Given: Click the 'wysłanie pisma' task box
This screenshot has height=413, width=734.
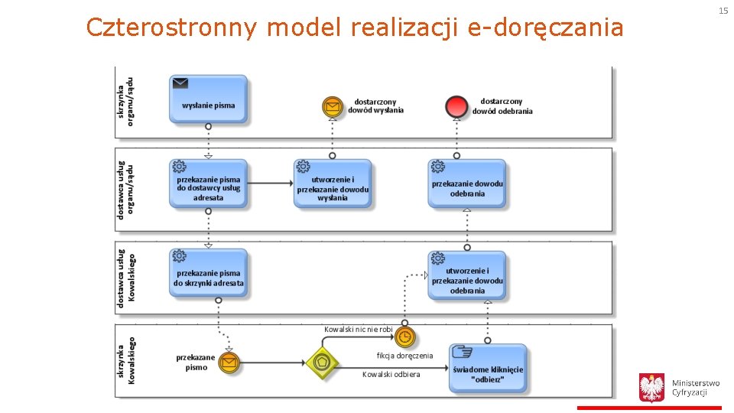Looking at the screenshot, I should coord(208,99).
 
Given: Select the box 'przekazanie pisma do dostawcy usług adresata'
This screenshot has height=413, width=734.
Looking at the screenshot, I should coord(208,184).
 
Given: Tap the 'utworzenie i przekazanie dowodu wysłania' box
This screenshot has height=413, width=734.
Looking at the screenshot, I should coord(333,184).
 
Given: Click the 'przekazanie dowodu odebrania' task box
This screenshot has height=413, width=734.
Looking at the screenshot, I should coord(467,184).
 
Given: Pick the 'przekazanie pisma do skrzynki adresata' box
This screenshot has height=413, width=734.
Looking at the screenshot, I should coord(208,274).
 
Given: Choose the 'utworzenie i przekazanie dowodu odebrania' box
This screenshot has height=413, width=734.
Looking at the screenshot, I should coord(467,276).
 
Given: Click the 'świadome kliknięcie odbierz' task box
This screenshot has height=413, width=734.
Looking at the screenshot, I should coord(488,369).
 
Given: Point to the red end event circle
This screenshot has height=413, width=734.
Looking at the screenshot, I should coord(456,107).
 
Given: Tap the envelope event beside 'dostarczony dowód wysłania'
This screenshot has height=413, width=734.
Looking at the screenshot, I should coord(333,107).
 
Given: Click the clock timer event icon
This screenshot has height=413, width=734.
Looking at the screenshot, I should coord(404,337).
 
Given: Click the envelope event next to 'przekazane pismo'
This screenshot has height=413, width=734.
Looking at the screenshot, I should coord(229,363).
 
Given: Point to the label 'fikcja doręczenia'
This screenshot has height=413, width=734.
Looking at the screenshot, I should coord(404,356).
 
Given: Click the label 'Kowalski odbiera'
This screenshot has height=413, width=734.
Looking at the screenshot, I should coord(391,374).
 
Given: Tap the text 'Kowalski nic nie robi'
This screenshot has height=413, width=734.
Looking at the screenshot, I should coord(359,330).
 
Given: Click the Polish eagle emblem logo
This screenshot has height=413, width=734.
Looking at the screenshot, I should coord(651,387).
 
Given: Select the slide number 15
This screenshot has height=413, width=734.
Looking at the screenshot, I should coord(723,11).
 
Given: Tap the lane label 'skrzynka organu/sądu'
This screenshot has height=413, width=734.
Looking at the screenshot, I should coord(126,101).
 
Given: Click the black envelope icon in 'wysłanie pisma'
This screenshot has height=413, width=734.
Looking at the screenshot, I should coord(180,83).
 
